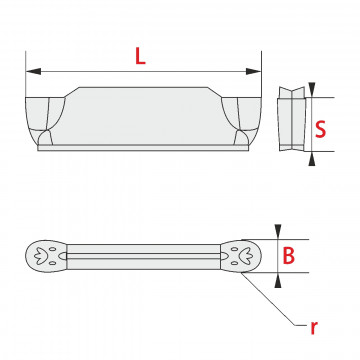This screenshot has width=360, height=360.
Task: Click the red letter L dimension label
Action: [140, 56]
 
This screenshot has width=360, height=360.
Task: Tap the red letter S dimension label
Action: [321, 129]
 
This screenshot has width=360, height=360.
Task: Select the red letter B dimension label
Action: [289, 256]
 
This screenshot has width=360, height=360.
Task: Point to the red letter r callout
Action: [313, 328]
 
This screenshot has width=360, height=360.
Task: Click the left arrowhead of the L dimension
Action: [33, 71]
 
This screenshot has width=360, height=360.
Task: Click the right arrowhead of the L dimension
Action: [253, 71]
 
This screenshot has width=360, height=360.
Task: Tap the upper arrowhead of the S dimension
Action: [312, 89]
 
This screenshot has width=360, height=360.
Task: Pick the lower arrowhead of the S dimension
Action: [312, 159]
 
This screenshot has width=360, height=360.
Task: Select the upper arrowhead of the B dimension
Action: [278, 232]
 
